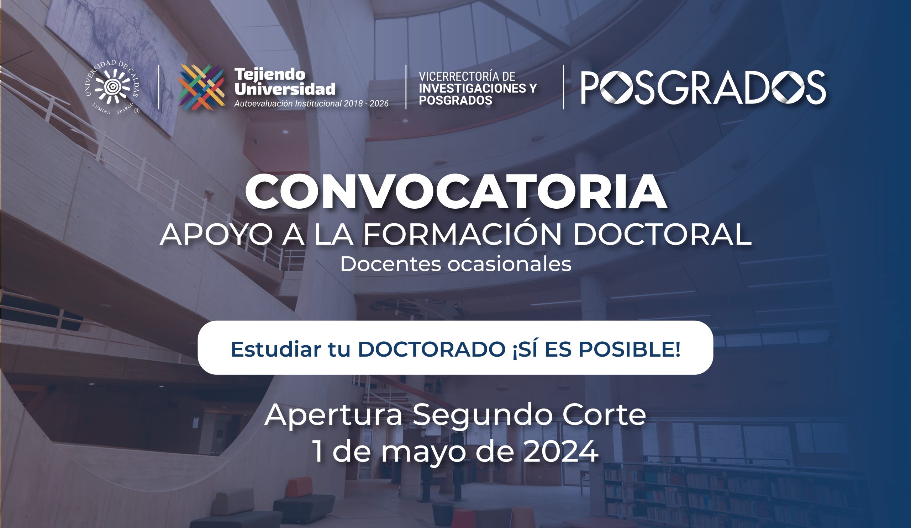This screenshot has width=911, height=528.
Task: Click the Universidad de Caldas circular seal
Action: [x=112, y=87]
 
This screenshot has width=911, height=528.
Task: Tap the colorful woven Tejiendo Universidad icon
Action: [x=202, y=87]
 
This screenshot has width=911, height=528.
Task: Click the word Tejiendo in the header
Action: [x=270, y=74]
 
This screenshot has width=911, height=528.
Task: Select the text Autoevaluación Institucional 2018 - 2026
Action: [x=311, y=104]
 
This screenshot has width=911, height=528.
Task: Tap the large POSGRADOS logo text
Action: [x=703, y=87]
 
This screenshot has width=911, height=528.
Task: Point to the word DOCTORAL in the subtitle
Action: [x=662, y=234]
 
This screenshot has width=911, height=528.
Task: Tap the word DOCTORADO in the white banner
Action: [x=432, y=349]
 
